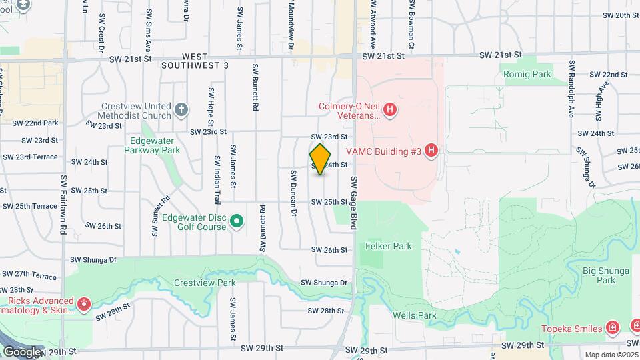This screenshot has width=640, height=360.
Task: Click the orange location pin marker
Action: tap(321, 159)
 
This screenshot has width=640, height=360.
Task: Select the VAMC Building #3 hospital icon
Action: tap(431, 151)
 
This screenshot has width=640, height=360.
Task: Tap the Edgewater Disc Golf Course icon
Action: tap(236, 221)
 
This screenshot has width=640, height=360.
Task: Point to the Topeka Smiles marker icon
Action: tap(613, 327)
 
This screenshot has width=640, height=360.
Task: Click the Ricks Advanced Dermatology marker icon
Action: tap(84, 305)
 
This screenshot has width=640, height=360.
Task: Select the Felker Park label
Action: tap(388, 246)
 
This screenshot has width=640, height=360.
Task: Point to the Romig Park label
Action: tap(527, 74)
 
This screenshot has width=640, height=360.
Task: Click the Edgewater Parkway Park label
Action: tap(152, 145)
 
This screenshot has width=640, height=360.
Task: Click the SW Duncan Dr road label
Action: tap(293, 193)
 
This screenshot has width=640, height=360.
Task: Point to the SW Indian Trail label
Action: tap(217, 180)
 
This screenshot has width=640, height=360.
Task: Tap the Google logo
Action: tap(21, 351)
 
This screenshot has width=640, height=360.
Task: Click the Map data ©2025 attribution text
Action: tap(611, 355)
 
